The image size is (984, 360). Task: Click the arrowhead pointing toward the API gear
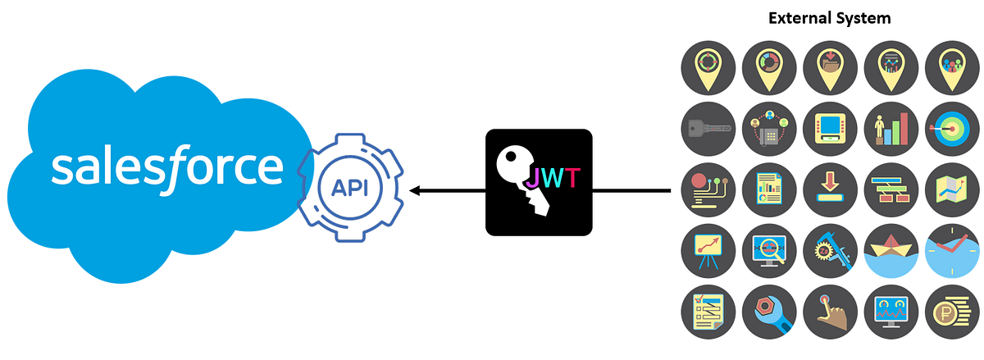click(x=415, y=190)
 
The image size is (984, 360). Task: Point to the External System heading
click(x=829, y=17)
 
